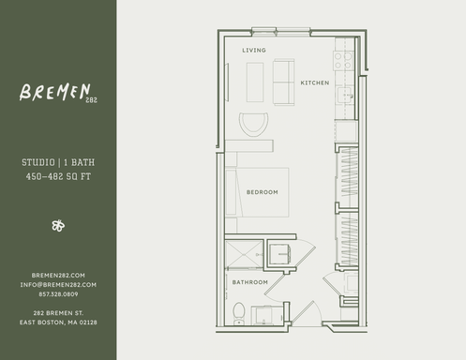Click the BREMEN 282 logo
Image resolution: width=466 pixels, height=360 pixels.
(57, 94)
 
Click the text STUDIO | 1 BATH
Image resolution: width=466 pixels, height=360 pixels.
(57, 163)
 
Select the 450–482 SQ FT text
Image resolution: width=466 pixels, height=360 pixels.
(57, 175)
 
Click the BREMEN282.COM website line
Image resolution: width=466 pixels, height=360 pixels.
(58, 275)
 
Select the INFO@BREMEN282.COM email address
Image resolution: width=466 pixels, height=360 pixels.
(58, 284)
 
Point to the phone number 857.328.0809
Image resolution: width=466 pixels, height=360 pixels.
(58, 292)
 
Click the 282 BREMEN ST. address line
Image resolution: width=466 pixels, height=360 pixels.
(58, 312)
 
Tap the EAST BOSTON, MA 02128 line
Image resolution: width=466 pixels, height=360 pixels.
(58, 322)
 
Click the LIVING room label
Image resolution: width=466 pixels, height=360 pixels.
(254, 49)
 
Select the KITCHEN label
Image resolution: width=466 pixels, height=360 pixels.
(314, 83)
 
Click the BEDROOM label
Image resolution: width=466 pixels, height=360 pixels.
(263, 192)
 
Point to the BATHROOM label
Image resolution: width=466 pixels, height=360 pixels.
(250, 282)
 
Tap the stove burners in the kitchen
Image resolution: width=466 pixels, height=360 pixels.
(343, 61)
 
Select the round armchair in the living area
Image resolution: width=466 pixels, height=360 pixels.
(253, 125)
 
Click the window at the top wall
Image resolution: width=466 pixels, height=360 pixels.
(280, 32)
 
